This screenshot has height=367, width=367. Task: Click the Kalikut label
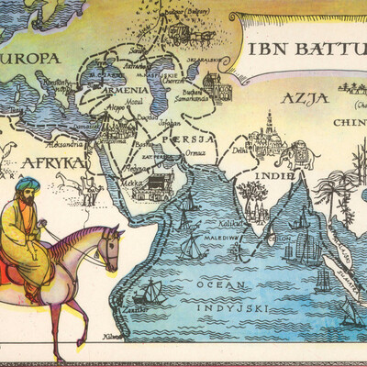pos(217,223)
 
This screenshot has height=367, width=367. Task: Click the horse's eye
pos(109,240)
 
